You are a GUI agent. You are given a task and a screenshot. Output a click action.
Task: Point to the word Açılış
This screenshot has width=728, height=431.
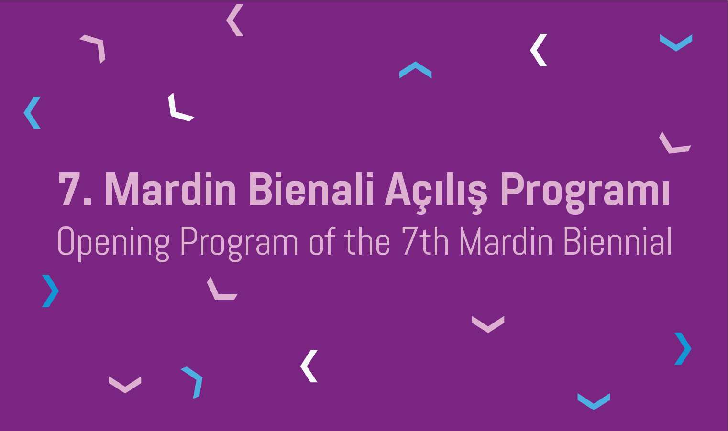point(436,192)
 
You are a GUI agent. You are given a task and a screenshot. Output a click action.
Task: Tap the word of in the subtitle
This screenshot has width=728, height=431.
point(322,241)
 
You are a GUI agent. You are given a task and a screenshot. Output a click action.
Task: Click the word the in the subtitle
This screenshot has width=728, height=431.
point(367,241)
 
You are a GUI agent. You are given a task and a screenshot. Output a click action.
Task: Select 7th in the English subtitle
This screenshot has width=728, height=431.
point(425,241)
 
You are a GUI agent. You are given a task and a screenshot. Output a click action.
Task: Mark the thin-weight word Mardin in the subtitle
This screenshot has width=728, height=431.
point(506,241)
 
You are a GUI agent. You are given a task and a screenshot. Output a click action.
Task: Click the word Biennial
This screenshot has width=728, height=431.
point(618,241)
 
